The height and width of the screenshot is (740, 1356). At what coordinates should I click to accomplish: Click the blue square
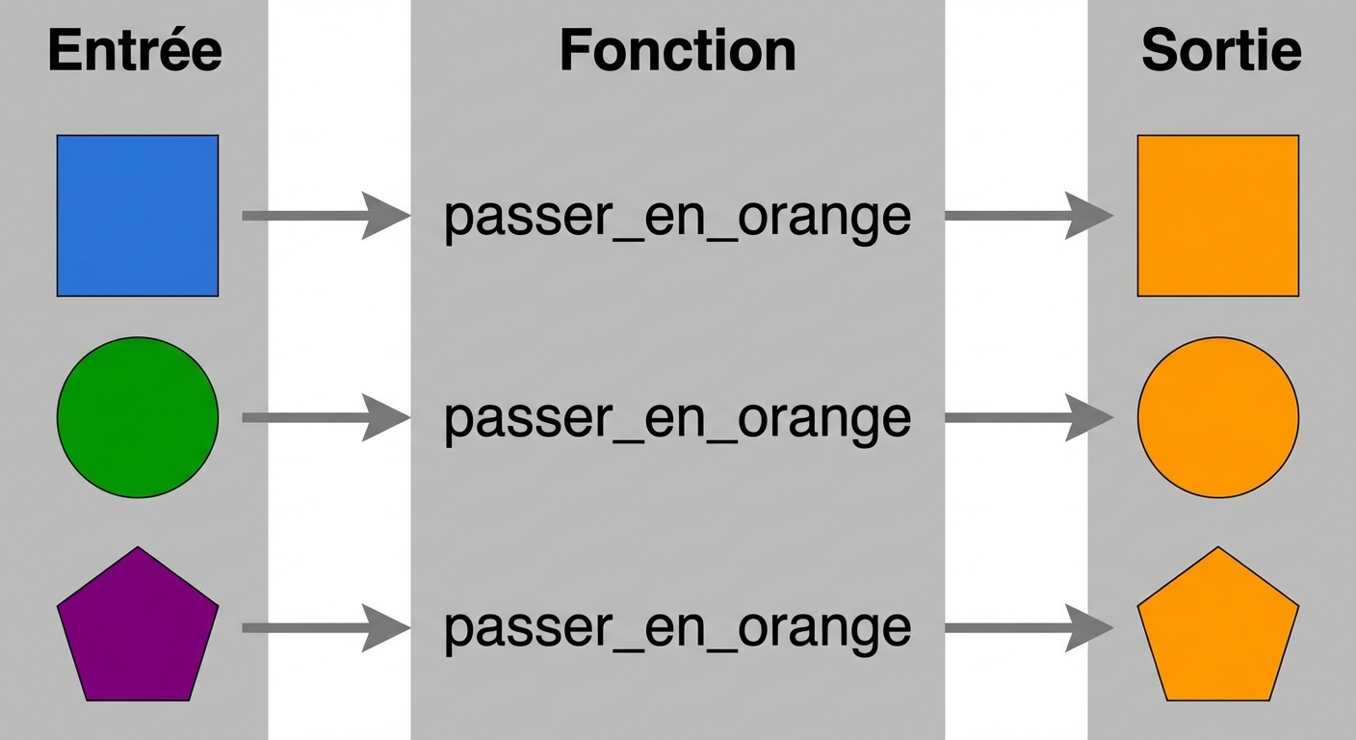(x=138, y=216)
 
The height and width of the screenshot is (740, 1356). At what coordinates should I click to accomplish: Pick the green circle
(x=138, y=417)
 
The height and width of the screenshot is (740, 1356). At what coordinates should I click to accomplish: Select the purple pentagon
(x=138, y=628)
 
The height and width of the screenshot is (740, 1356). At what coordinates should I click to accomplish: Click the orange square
(x=1218, y=216)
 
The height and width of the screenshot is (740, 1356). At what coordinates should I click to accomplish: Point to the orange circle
(x=1218, y=417)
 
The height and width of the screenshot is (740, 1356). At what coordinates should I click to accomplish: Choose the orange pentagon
(x=1218, y=628)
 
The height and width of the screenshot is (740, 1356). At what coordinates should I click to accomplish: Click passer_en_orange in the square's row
(x=677, y=218)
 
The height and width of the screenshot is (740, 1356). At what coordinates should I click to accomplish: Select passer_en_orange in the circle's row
(x=677, y=419)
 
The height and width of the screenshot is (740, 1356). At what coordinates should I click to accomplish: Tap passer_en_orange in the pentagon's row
(x=677, y=629)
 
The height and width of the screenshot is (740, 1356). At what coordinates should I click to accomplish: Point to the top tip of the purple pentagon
(x=138, y=548)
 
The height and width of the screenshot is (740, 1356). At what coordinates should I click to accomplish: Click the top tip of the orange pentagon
(x=1218, y=548)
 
